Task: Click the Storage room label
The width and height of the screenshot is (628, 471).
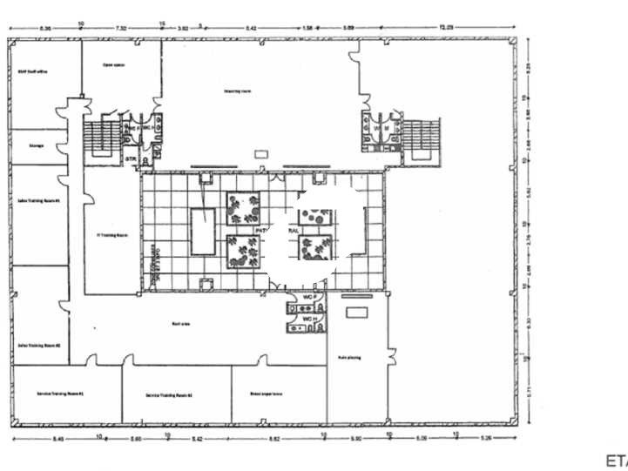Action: point(37,145)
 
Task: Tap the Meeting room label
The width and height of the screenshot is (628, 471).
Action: point(232,90)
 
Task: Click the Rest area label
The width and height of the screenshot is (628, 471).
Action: point(181,323)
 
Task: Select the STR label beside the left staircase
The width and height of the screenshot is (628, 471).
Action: point(130,159)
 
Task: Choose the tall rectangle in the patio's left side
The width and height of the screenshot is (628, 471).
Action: point(203,232)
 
